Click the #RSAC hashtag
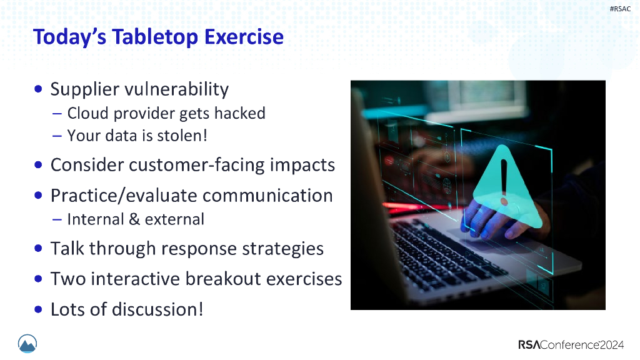coord(620,9)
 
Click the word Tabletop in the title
coord(156,37)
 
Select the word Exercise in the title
coord(244,37)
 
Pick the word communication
coord(267,196)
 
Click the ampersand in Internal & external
coord(134,219)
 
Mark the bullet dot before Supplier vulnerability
coord(38,89)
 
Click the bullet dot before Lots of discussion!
coord(38,309)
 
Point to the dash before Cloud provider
coord(57,114)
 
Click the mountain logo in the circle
coord(27,344)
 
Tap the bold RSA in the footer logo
coord(529,345)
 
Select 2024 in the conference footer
coord(611,345)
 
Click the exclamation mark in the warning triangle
coord(504,182)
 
